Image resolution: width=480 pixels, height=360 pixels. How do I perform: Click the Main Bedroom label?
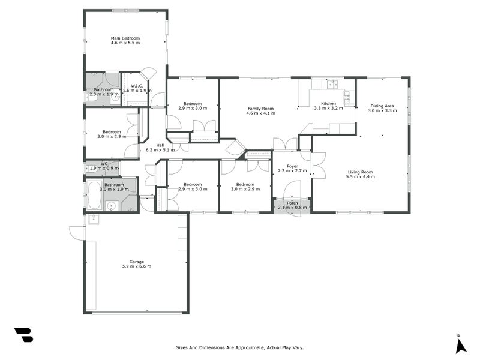point(125,38)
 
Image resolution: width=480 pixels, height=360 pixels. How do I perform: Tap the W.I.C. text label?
point(136,86)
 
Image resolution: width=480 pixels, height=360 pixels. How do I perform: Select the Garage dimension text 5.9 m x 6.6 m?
point(136,266)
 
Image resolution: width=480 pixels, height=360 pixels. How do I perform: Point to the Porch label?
point(292,203)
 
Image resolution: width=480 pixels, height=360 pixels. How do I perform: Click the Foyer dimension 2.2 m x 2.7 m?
point(292,171)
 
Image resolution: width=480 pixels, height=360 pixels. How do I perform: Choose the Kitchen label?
point(328,104)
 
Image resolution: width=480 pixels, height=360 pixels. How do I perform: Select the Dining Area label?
point(382,106)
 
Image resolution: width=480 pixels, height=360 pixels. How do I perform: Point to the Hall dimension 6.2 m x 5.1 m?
point(160,150)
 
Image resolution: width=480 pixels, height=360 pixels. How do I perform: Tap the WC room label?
point(104,163)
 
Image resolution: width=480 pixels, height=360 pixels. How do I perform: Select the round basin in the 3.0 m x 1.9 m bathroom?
point(110,206)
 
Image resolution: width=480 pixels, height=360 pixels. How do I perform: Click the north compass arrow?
point(460,346)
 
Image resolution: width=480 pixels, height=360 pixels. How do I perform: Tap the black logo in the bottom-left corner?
point(23,335)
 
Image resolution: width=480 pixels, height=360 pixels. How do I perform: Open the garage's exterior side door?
point(76,233)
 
